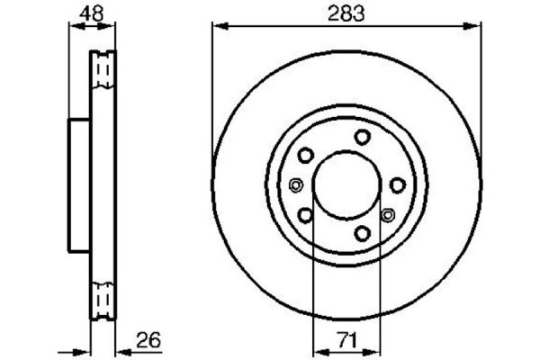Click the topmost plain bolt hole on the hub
362,137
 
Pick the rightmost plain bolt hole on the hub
397,184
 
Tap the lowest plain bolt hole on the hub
363,233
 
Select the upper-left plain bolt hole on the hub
305,155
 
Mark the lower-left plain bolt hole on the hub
305,215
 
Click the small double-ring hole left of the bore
295,186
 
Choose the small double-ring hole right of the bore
388,214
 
